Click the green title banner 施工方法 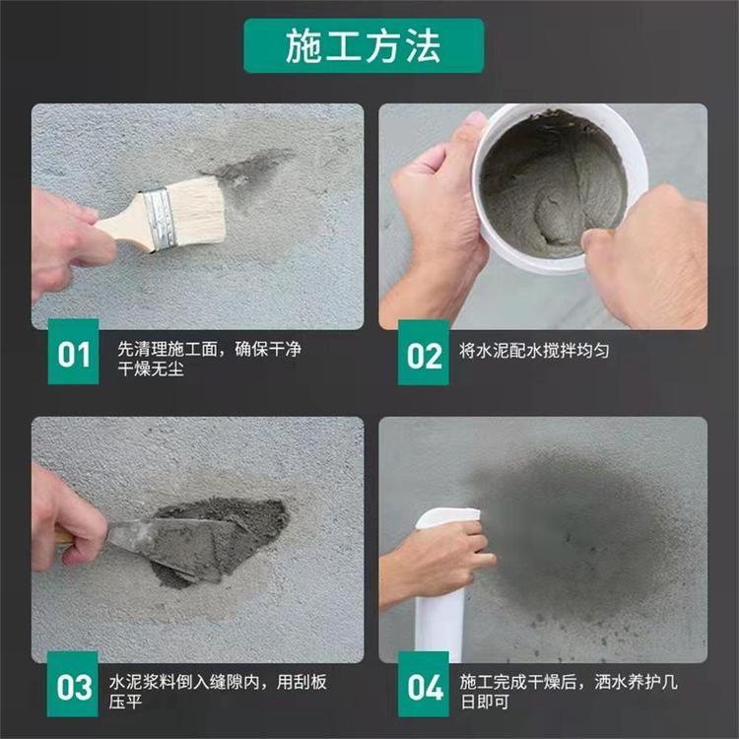pyautogui.click(x=364, y=45)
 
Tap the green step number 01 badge pyautogui.click(x=74, y=352)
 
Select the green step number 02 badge pyautogui.click(x=424, y=353)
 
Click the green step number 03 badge pyautogui.click(x=73, y=685)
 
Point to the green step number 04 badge pyautogui.click(x=424, y=685)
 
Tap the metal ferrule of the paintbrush pyautogui.click(x=161, y=219)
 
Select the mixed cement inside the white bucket pyautogui.click(x=553, y=186)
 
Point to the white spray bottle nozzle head pyautogui.click(x=446, y=517)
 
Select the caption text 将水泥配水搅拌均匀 pyautogui.click(x=534, y=351)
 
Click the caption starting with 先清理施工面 pyautogui.click(x=209, y=359)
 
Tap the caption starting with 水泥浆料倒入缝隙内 pyautogui.click(x=218, y=692)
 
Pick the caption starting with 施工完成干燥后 pyautogui.click(x=569, y=692)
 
